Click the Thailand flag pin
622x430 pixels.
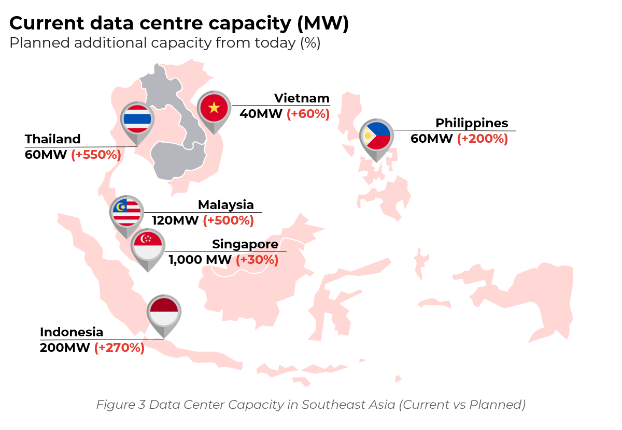click(x=137, y=120)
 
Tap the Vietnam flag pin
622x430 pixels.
click(x=214, y=108)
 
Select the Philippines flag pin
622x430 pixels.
click(x=376, y=136)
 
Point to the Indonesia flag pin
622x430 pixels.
click(x=164, y=312)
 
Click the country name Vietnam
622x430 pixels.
click(x=302, y=98)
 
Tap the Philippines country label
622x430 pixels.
click(x=471, y=123)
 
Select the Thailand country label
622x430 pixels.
click(x=53, y=139)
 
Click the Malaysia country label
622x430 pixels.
click(x=226, y=205)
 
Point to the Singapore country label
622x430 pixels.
click(x=245, y=244)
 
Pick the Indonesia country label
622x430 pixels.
click(x=72, y=332)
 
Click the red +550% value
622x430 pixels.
click(x=96, y=155)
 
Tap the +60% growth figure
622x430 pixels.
click(x=308, y=114)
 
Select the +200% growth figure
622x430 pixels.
click(x=482, y=139)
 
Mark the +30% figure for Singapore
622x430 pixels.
click(x=257, y=260)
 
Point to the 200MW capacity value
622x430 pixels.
click(x=65, y=348)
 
